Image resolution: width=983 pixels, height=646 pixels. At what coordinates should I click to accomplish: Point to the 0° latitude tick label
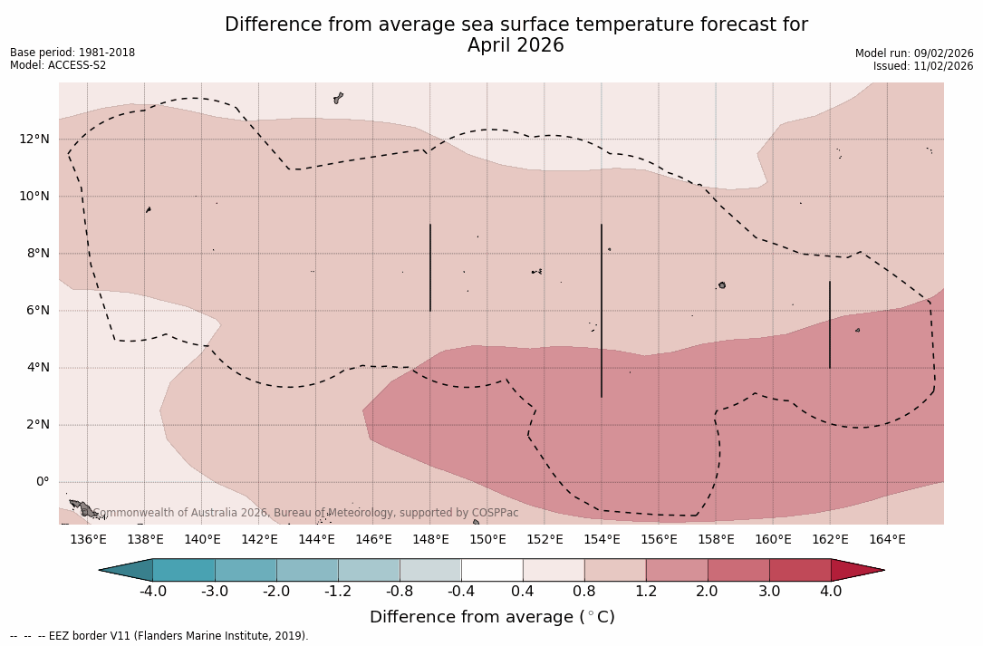(42, 481)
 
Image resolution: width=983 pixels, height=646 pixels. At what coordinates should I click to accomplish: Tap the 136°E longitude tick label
(88, 540)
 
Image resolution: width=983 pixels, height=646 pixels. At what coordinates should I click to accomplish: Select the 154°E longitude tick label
(602, 540)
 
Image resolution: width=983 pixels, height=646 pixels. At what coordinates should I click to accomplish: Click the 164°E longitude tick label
(887, 540)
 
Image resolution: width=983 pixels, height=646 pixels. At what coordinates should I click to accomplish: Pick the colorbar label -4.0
(152, 592)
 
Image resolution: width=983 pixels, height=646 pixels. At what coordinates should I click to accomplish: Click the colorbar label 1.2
(645, 592)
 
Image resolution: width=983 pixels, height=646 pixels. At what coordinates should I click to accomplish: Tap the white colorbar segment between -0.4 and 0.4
(492, 570)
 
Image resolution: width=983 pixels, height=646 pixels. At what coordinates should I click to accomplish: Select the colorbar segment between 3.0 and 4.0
(800, 570)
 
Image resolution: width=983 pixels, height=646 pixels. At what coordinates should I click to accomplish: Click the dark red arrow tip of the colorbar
(855, 570)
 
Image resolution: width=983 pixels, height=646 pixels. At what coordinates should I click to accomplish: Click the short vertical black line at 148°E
(430, 267)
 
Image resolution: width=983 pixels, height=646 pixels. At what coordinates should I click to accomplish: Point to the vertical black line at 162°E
(830, 324)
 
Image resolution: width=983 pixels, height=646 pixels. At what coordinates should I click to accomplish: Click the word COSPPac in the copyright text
(496, 513)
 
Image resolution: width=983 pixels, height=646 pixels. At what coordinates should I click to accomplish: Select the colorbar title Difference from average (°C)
(492, 617)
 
